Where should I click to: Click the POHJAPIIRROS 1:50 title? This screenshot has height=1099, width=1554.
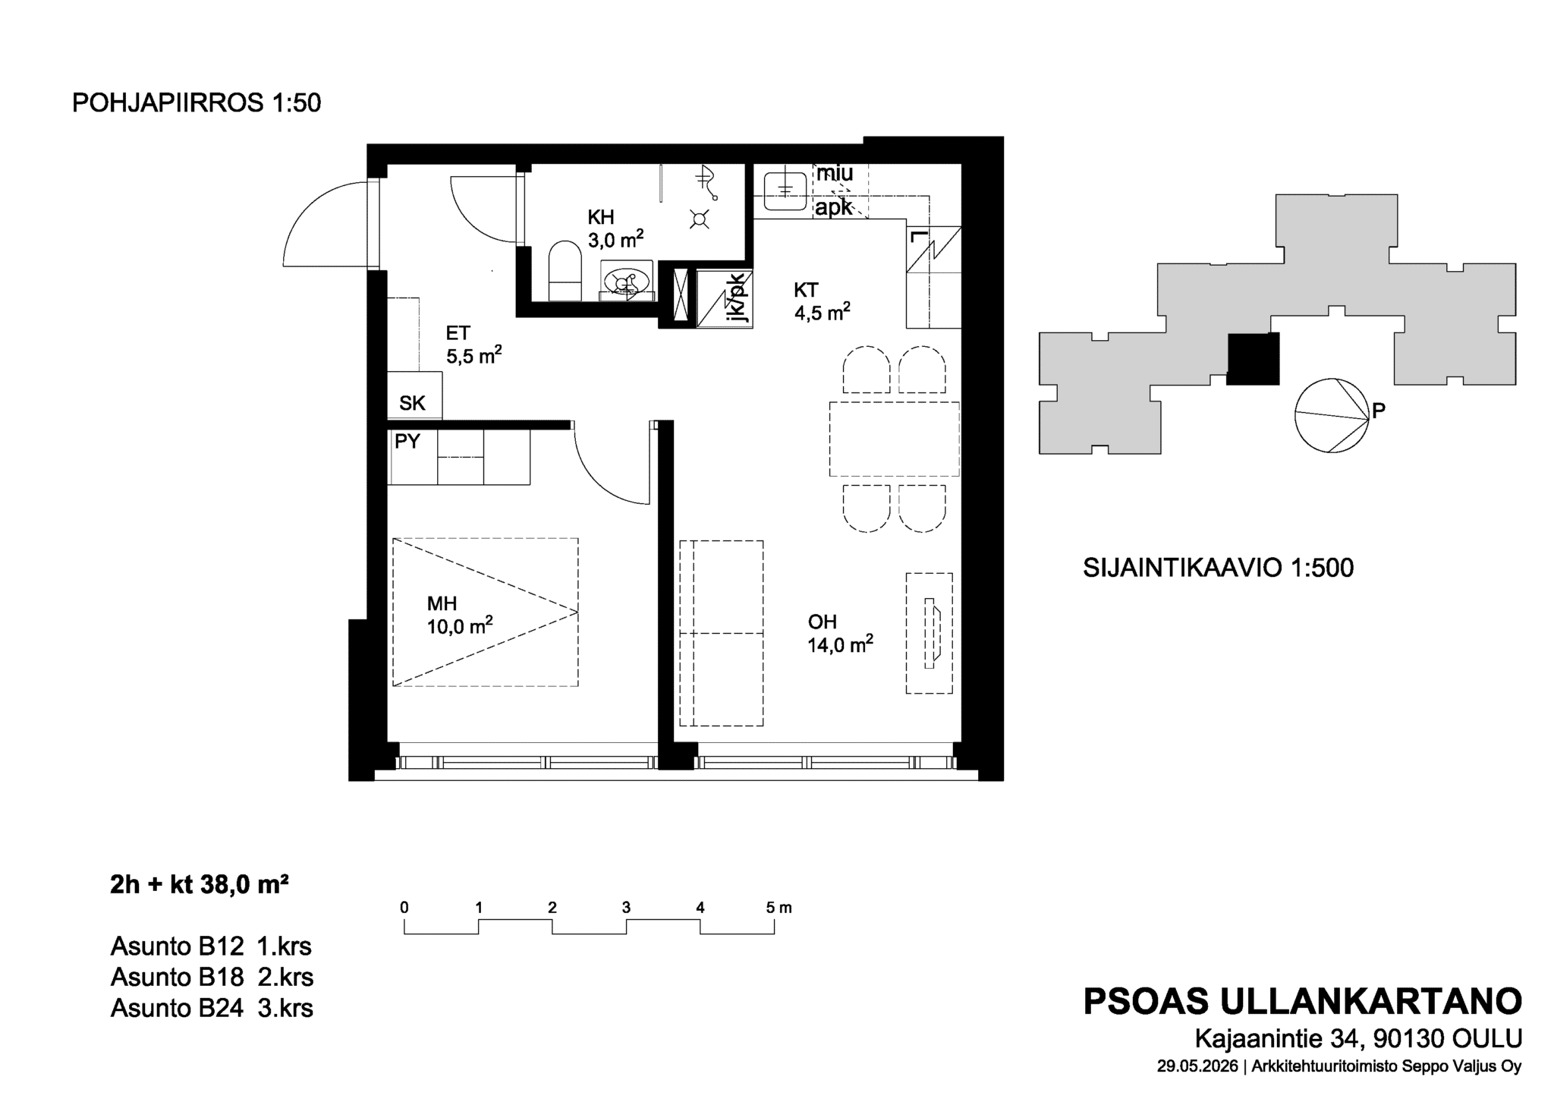point(197,103)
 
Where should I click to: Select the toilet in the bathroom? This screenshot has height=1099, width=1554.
point(564,271)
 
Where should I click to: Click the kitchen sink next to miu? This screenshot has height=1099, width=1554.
point(785,191)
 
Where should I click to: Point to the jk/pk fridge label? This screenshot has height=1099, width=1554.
point(736,299)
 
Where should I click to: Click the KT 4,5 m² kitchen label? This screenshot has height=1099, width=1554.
point(822,301)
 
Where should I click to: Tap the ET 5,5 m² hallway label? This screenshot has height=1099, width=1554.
point(473,345)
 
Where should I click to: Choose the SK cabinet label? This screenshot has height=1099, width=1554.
point(412,403)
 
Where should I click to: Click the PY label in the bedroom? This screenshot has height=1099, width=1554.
point(407,441)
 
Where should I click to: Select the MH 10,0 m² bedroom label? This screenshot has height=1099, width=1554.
point(460,615)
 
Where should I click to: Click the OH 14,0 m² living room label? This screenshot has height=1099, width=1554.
point(840,633)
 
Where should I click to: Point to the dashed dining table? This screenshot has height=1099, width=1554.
point(894,439)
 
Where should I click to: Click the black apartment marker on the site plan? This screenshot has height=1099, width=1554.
point(1254,359)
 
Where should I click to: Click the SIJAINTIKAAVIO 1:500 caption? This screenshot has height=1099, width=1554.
point(1218,568)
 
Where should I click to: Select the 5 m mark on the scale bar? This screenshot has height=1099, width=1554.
point(779,907)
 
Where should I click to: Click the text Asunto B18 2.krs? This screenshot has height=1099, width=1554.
point(212,977)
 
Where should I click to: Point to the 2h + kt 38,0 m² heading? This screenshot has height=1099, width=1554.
point(199,884)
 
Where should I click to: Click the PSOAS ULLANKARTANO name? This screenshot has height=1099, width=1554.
point(1302,1002)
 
